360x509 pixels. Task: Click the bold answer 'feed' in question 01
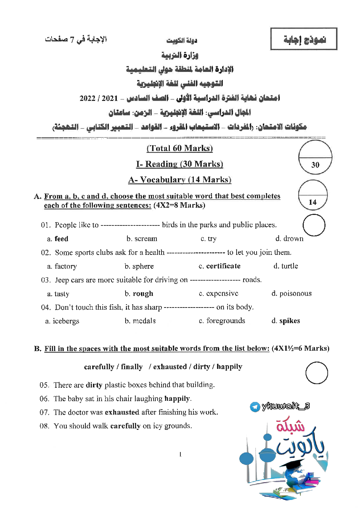pos(61,239)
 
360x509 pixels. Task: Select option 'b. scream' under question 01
pos(142,239)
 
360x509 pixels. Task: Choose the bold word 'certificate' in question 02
pos(223,266)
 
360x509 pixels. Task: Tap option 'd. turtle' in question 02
pos(286,266)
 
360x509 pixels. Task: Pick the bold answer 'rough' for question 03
pos(143,294)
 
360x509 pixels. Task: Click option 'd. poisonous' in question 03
pos(291,293)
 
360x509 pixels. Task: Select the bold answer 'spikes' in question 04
pos(290,321)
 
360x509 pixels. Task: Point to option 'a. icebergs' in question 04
pos(62,321)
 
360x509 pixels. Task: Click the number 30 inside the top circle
pos(315,165)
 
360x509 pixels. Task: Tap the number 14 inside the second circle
pos(312,202)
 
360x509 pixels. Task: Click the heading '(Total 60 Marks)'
pos(180,148)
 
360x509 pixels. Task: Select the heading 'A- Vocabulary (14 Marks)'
pos(180,180)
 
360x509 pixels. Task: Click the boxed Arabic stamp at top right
pos(304,39)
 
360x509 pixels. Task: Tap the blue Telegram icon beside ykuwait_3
pos(255,407)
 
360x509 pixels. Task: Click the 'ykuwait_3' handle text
pos(286,406)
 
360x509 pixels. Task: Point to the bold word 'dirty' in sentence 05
pos(94,385)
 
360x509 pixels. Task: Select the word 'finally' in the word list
pos(132,367)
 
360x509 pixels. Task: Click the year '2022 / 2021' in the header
pos(99,98)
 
